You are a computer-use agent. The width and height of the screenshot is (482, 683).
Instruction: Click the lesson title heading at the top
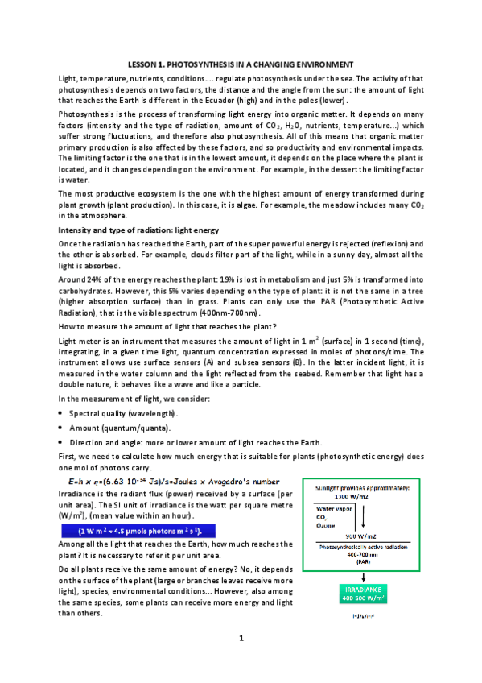click(241, 63)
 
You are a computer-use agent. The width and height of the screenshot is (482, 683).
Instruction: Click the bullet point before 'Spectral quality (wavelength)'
click(62, 413)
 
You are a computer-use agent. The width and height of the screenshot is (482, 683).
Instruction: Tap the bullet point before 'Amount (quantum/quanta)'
click(62, 428)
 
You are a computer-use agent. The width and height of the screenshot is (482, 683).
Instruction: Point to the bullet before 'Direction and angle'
click(62, 443)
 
